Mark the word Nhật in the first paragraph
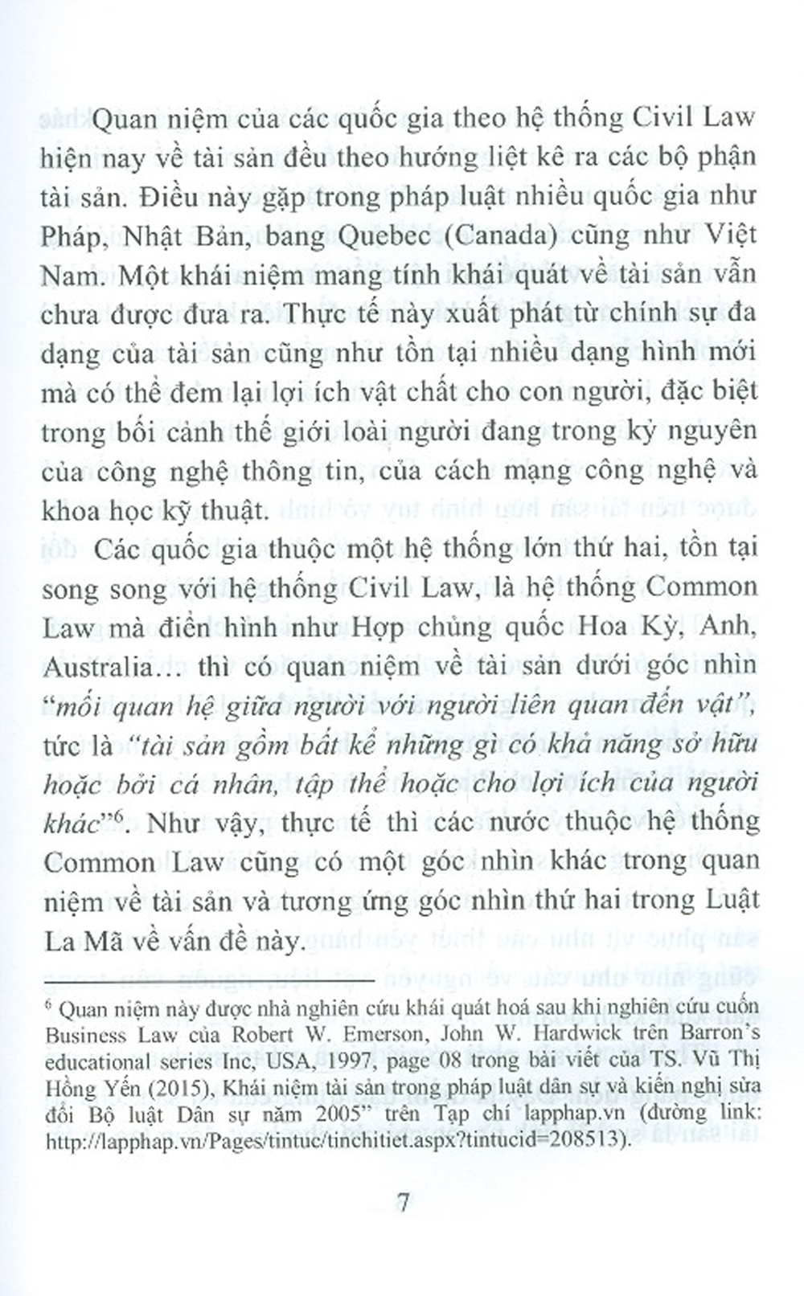point(166,235)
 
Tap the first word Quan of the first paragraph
point(127,118)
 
